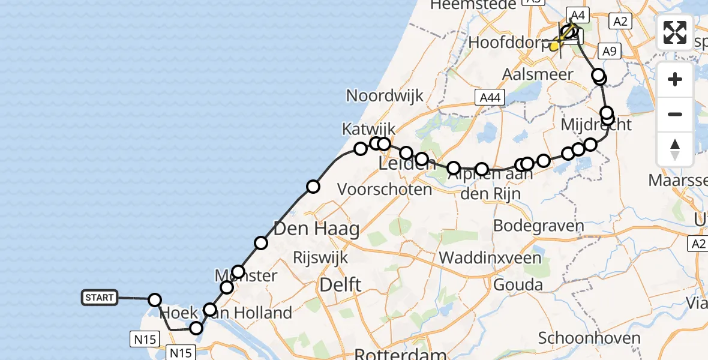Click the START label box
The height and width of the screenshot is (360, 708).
100,298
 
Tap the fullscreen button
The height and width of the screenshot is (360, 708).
675,32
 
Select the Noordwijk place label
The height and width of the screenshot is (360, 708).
385,95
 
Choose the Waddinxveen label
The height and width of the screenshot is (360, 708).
491,257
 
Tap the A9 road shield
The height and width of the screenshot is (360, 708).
610,52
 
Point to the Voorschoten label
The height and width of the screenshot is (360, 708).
385,190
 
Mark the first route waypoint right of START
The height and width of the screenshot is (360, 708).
155,300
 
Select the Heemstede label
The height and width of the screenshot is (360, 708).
473,5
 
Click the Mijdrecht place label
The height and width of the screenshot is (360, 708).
596,125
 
